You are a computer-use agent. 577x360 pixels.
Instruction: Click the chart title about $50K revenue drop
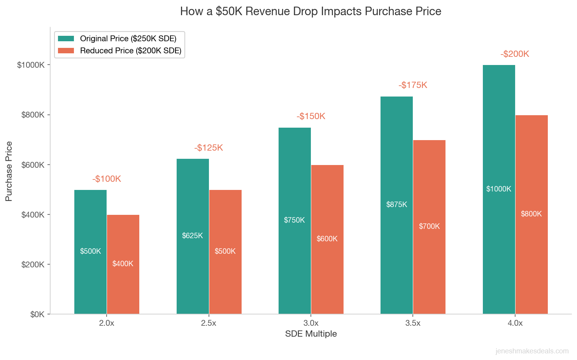pyautogui.click(x=310, y=11)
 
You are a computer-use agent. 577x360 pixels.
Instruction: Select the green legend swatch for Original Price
pyautogui.click(x=66, y=39)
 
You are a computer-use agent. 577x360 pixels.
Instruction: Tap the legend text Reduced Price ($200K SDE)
pyautogui.click(x=130, y=51)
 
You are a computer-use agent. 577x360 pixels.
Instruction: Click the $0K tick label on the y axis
pyautogui.click(x=37, y=314)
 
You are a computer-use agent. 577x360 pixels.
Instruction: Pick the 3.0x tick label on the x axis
pyautogui.click(x=310, y=323)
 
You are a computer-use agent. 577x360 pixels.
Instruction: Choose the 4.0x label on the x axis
pyautogui.click(x=515, y=323)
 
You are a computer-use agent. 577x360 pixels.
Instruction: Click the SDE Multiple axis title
pyautogui.click(x=310, y=334)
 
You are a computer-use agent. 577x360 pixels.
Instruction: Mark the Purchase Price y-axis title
pyautogui.click(x=9, y=171)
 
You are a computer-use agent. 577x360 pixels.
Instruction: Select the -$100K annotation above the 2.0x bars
pyautogui.click(x=107, y=179)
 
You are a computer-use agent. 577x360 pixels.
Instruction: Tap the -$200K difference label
pyautogui.click(x=515, y=54)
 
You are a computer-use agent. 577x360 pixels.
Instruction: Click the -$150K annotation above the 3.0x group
pyautogui.click(x=310, y=116)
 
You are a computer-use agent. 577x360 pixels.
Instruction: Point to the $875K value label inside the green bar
pyautogui.click(x=396, y=204)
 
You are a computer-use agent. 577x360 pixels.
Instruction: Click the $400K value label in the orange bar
pyautogui.click(x=123, y=263)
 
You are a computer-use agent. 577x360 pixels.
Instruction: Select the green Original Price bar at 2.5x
pyautogui.click(x=193, y=272)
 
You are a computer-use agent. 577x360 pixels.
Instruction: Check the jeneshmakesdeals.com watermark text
pyautogui.click(x=532, y=351)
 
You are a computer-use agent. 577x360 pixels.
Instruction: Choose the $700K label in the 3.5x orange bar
pyautogui.click(x=429, y=226)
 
